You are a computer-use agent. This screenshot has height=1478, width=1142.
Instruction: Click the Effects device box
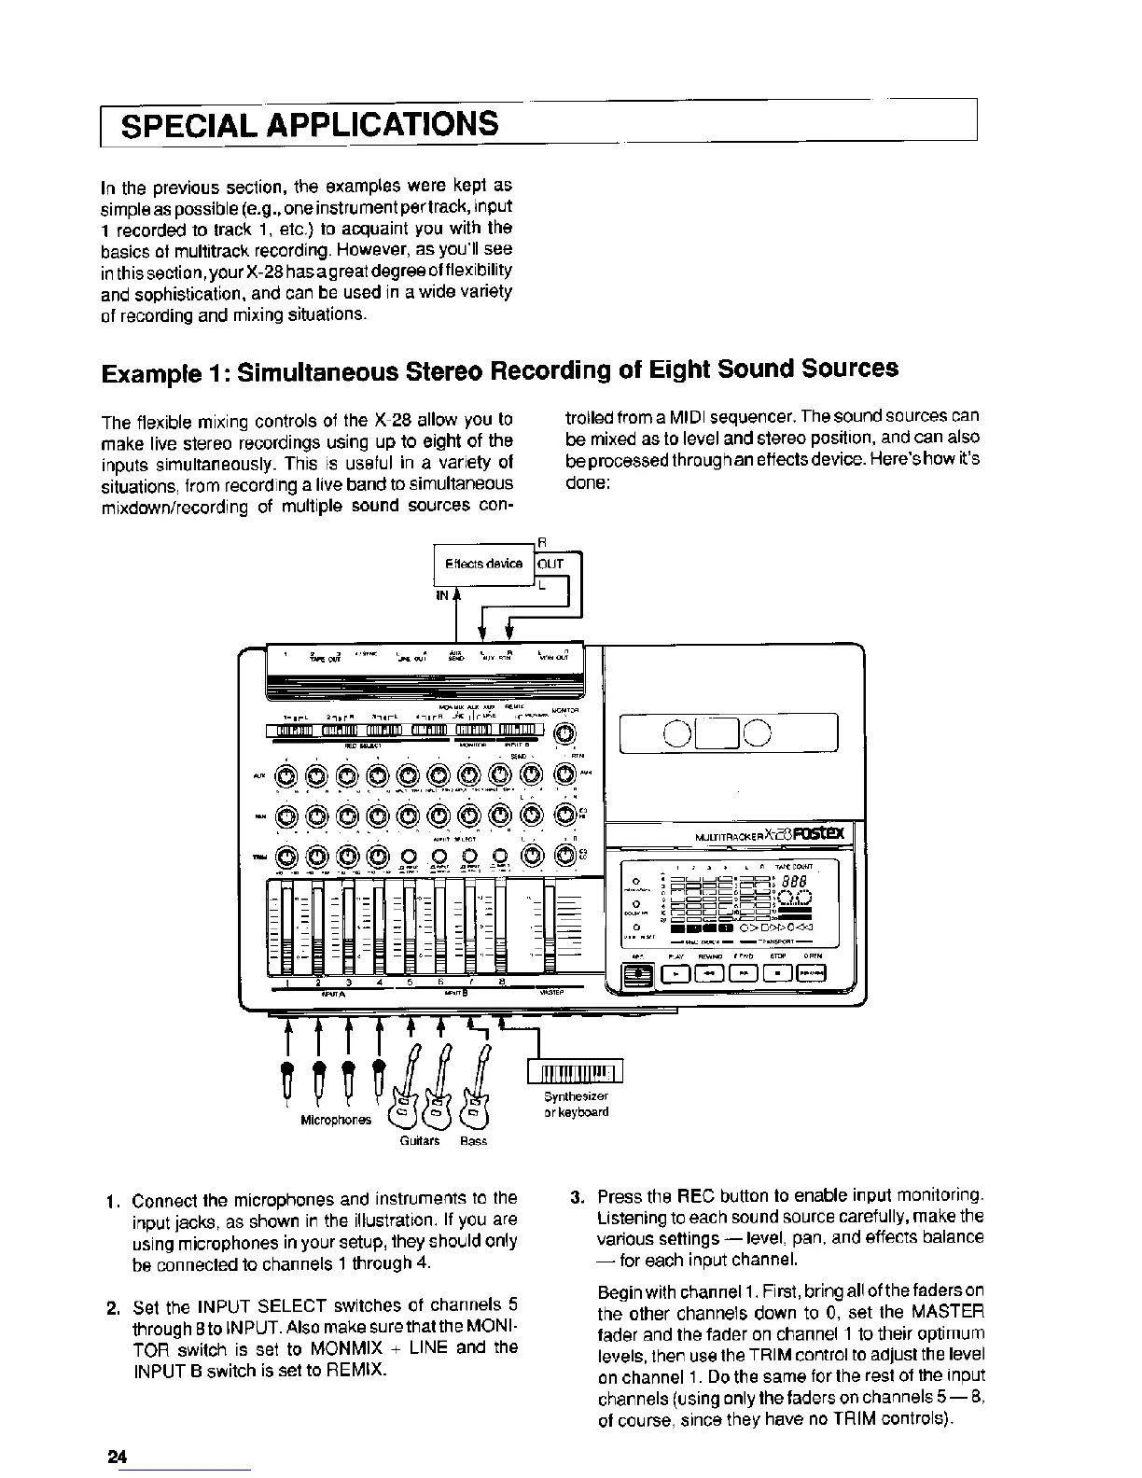(x=483, y=565)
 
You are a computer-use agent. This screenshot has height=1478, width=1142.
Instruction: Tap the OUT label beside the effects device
(x=551, y=564)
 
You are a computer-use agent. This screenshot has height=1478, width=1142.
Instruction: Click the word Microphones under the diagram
(x=335, y=1119)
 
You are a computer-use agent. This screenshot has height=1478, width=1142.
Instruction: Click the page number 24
(x=116, y=1457)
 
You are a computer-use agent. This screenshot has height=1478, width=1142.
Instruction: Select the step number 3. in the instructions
(x=578, y=1196)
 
